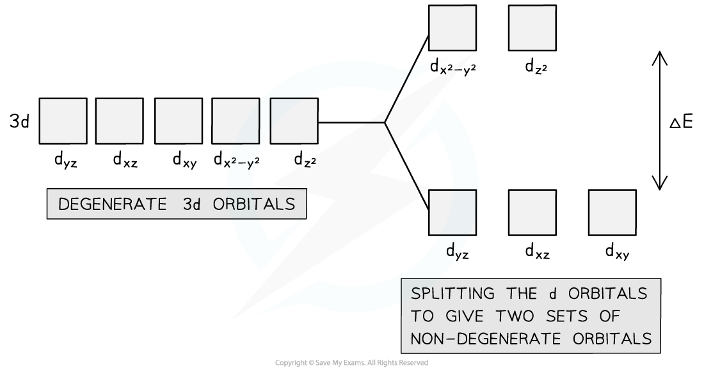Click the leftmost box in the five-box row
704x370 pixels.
63,121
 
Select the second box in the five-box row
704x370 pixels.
119,121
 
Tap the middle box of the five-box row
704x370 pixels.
178,121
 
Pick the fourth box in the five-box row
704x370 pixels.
236,121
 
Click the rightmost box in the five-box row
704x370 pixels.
294,121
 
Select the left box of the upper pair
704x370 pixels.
452,28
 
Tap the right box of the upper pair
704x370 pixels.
532,28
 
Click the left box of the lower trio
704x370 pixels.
452,213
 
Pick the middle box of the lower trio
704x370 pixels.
532,213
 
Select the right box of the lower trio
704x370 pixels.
612,213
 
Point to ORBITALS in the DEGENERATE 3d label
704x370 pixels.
254,204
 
